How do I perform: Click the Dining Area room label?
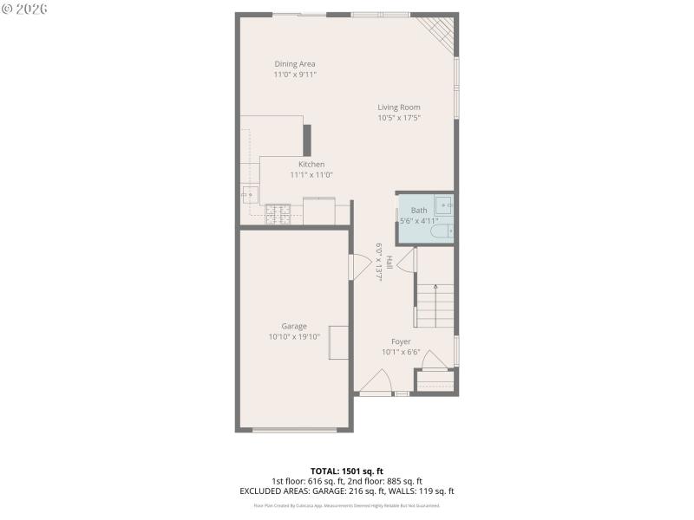295,64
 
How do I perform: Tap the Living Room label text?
399,107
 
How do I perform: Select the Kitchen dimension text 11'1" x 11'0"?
311,175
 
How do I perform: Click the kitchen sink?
250,194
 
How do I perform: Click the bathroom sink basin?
444,205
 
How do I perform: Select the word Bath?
419,211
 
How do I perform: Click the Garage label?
294,327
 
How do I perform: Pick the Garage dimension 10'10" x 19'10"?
294,337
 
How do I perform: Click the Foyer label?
401,341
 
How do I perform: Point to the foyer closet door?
434,361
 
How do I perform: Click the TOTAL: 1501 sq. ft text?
347,471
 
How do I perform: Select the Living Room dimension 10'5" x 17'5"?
399,118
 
